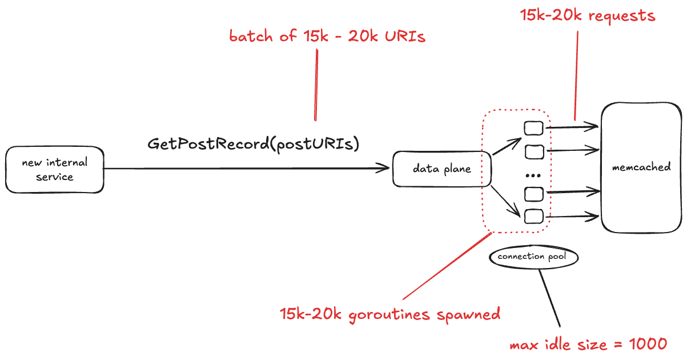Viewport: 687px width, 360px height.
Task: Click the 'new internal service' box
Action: pos(55,170)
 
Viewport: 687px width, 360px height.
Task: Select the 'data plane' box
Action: pos(441,169)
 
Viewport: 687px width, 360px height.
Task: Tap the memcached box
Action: pos(641,167)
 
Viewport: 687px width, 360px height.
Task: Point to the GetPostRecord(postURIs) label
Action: pos(254,144)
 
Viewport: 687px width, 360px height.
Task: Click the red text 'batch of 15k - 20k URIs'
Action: pos(327,37)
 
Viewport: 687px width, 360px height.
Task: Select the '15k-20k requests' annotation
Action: pos(588,15)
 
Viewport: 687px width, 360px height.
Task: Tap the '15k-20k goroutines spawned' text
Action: pos(390,314)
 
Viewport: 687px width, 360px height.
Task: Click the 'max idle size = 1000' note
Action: pos(588,345)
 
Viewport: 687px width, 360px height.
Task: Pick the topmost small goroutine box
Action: pos(534,128)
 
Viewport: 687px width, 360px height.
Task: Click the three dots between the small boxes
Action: pos(533,174)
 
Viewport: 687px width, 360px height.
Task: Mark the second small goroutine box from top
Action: pos(534,152)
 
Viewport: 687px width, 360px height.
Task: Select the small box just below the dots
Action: pos(534,194)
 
